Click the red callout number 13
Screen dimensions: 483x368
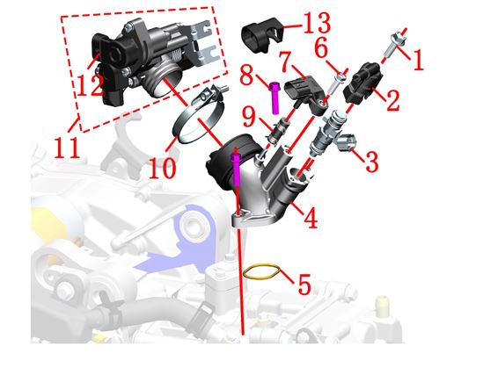[x=317, y=24]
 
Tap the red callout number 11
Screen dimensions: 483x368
[x=67, y=148]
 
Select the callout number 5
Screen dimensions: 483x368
[x=304, y=285]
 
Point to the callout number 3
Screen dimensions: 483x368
[x=371, y=162]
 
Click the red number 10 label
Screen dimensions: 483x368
[x=163, y=168]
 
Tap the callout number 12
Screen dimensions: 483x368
[x=90, y=85]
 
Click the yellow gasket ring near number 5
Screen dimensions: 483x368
[x=261, y=271]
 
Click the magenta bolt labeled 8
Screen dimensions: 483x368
[x=274, y=98]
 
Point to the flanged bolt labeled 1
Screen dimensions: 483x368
[x=396, y=45]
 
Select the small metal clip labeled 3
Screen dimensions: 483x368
[x=347, y=142]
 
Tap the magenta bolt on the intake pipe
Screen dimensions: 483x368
[x=236, y=169]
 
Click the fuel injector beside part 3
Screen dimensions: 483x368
[x=326, y=133]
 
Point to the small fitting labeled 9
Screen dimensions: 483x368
[x=276, y=131]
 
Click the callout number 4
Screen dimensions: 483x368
[x=311, y=218]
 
